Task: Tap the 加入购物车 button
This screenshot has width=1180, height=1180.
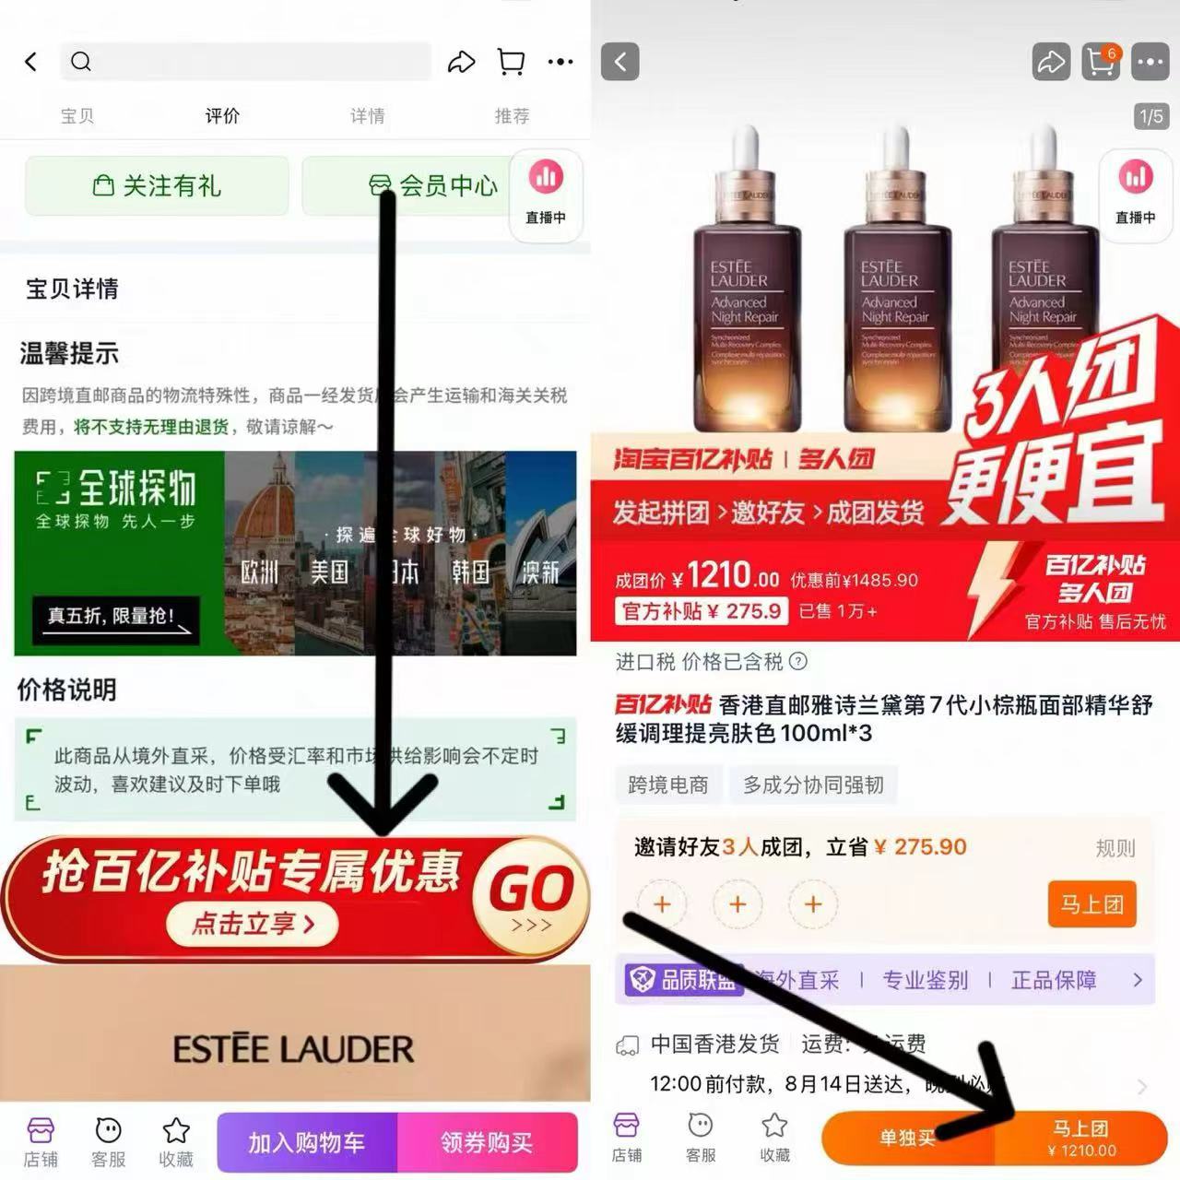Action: click(x=307, y=1142)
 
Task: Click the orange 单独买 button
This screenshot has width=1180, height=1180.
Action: click(x=906, y=1139)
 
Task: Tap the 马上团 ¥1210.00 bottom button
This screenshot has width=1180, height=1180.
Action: click(x=1080, y=1139)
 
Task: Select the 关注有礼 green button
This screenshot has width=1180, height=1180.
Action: click(x=157, y=186)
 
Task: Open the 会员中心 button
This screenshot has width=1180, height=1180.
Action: click(x=433, y=186)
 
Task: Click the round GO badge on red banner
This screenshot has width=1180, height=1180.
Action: click(x=530, y=894)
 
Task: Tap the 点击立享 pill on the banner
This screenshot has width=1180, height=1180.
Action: click(x=253, y=924)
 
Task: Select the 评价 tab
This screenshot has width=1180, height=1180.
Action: click(x=222, y=116)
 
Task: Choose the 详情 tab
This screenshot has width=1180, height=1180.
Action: click(x=367, y=116)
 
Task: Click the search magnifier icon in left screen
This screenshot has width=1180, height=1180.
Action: click(x=81, y=62)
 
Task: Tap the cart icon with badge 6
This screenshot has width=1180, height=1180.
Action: click(x=1100, y=62)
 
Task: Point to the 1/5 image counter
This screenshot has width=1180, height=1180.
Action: click(x=1151, y=117)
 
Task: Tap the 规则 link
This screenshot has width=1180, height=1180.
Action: click(x=1115, y=848)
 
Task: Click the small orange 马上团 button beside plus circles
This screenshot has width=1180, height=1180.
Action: click(x=1091, y=903)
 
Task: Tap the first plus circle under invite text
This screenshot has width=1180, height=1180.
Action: click(x=662, y=904)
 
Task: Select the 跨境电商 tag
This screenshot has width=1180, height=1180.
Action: click(x=667, y=785)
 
